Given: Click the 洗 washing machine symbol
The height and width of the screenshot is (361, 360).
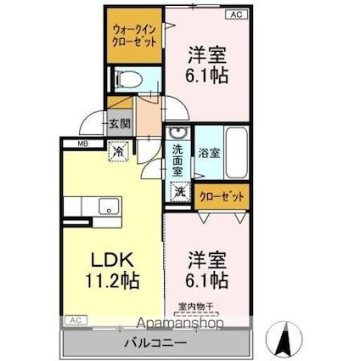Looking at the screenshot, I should tap(180, 192).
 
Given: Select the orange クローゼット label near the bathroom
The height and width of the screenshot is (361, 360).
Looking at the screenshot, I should tap(223, 197).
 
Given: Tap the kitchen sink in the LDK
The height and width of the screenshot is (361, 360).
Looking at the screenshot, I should tap(108, 205).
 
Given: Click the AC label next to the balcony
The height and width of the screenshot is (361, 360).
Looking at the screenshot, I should tap(75, 319).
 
